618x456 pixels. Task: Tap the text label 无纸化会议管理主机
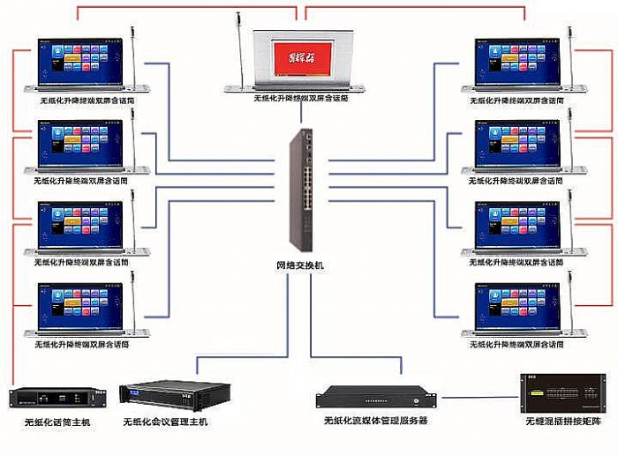point(165,423)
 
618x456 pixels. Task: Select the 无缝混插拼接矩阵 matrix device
point(555,392)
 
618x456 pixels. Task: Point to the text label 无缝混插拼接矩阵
point(562,423)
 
